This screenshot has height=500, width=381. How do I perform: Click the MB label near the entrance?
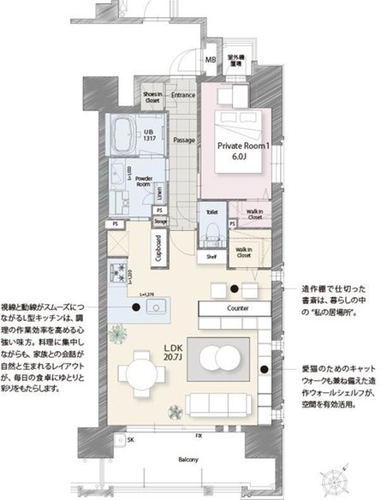(210, 60)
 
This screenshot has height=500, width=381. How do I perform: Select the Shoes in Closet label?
(152, 98)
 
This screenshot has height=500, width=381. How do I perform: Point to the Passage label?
(183, 140)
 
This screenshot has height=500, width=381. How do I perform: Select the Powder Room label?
(143, 182)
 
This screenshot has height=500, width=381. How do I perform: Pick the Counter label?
(237, 307)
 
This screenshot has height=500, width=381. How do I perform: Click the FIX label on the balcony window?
(199, 437)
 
